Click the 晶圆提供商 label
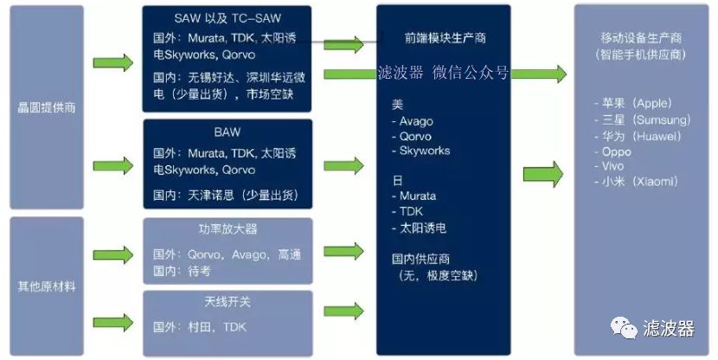[46, 107]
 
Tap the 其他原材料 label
[46, 286]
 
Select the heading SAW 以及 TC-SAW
[228, 19]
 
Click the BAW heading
[228, 132]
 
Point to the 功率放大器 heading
[228, 229]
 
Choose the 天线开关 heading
[228, 302]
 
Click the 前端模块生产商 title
[446, 38]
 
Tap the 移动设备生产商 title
[641, 38]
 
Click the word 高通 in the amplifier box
[290, 254]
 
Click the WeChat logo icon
[623, 328]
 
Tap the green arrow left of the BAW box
[113, 165]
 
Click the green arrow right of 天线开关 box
[343, 311]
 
